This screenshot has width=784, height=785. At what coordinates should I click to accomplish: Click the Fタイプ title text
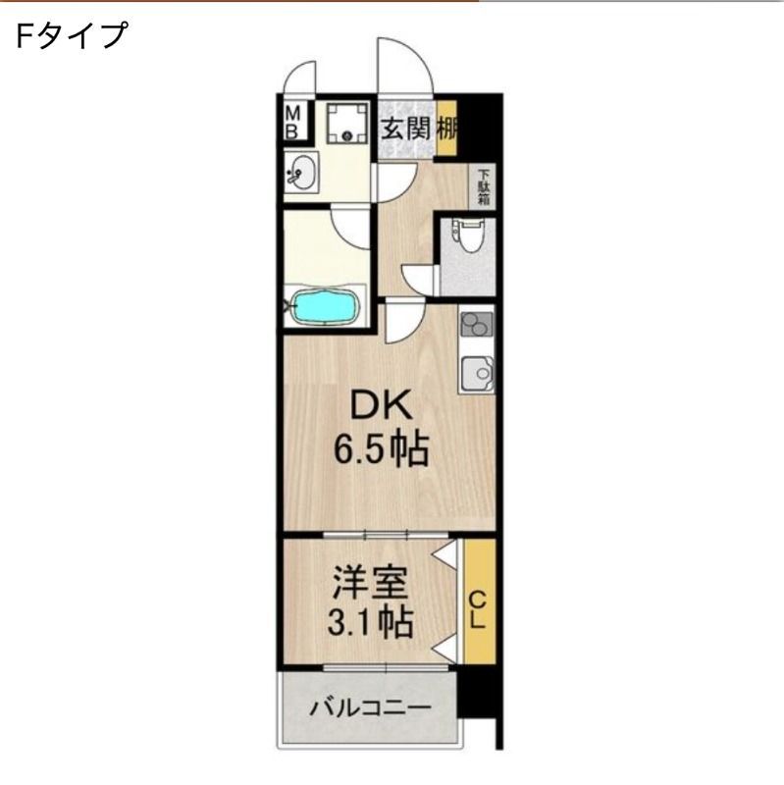72,35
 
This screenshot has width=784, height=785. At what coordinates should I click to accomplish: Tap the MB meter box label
293,122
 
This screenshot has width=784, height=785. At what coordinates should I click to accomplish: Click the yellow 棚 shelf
446,128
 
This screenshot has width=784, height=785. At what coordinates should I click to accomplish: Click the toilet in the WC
467,235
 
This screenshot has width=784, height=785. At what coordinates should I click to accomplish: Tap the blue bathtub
325,306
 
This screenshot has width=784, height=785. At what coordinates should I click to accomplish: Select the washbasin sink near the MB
302,175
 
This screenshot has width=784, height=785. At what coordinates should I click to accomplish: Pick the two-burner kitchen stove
476,325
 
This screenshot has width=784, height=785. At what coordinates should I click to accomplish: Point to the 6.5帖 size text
380,450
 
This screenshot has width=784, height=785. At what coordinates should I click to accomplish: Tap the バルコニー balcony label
369,707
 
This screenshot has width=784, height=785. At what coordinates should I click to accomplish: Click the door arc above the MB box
300,78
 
